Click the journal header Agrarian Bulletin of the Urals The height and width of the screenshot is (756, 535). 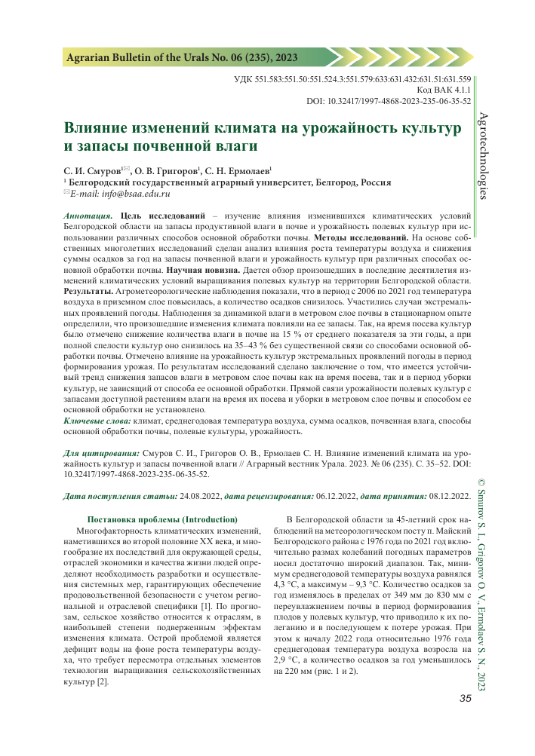[x=183, y=57]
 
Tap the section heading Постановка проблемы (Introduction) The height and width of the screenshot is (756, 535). [x=163, y=519]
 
